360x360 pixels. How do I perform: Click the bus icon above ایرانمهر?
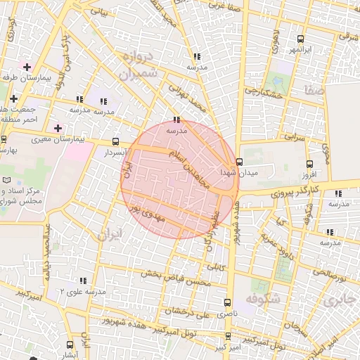click(301, 39)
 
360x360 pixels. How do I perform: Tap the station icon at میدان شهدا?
click(240, 161)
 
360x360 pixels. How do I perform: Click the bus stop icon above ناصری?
click(227, 301)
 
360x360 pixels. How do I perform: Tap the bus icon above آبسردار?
click(115, 141)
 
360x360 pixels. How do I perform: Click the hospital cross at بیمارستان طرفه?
click(27, 67)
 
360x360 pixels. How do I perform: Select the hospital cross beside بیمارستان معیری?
click(58, 128)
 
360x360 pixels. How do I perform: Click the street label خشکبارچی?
click(265, 91)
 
